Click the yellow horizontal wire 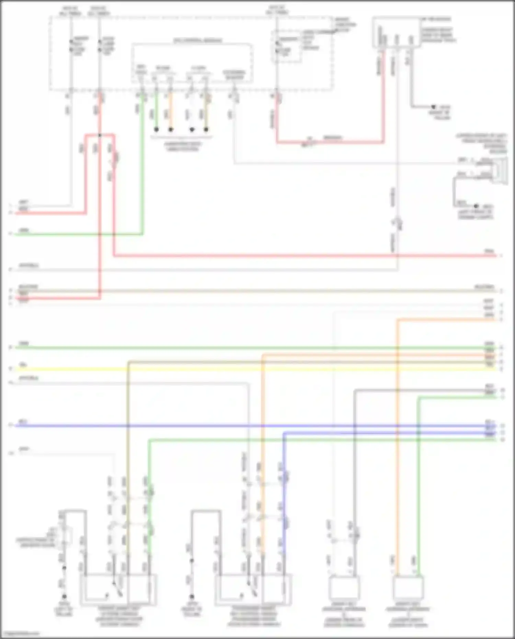click(x=240, y=369)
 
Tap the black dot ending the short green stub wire click(x=156, y=129)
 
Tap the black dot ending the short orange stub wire click(x=171, y=129)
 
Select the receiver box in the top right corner click(x=397, y=32)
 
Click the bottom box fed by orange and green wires click(x=408, y=587)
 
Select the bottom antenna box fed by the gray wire click(x=344, y=587)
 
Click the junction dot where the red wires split click(x=100, y=135)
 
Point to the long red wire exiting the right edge click(x=309, y=256)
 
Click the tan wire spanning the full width click(x=240, y=291)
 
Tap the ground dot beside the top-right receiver click(x=433, y=107)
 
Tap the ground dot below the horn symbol click(x=476, y=206)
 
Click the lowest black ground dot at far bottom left click(x=64, y=596)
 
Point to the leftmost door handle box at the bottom click(x=118, y=589)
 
